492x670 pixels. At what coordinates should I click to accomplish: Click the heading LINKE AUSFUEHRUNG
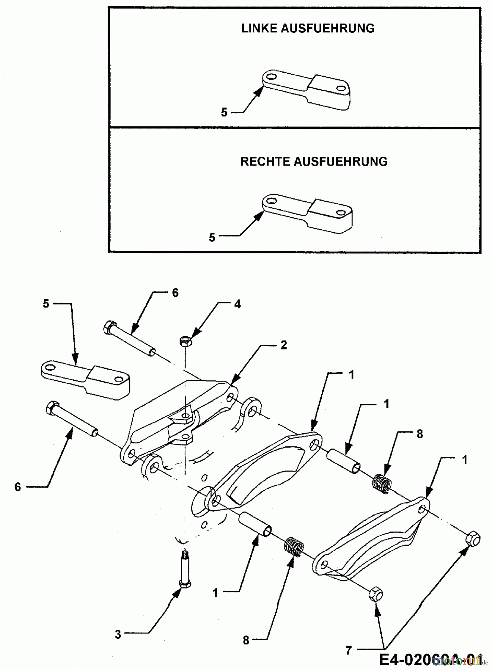(308, 29)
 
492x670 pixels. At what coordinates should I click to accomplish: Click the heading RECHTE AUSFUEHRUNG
(314, 162)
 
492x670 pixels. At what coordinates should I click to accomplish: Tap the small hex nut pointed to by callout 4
(184, 341)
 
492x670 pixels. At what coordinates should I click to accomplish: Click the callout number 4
(237, 304)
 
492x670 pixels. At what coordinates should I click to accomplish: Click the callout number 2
(283, 345)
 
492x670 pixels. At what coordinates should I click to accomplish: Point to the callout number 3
(118, 634)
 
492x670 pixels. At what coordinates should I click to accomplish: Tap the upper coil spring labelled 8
(382, 484)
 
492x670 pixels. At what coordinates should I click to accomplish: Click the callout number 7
(348, 650)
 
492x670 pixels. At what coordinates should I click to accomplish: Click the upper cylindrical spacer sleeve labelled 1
(344, 461)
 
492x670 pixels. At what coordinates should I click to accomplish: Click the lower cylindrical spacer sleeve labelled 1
(256, 525)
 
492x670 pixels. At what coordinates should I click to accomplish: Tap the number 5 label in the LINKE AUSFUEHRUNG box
(224, 112)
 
